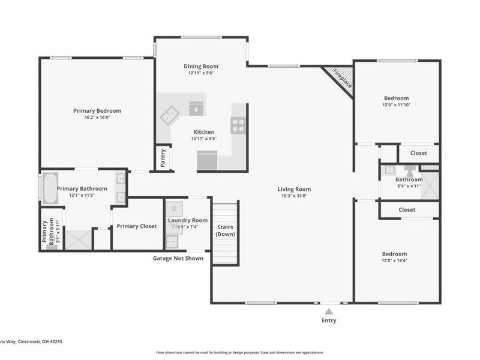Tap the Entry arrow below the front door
[328, 311]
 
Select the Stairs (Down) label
[226, 230]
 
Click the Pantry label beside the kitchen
[163, 158]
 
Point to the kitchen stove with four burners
[238, 126]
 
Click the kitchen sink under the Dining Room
[196, 108]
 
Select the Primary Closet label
[137, 226]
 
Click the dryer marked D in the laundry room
[175, 209]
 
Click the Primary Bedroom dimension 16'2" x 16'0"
[97, 118]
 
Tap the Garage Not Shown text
[178, 259]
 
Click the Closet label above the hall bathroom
[419, 153]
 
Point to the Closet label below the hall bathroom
[407, 210]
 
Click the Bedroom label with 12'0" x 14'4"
[395, 254]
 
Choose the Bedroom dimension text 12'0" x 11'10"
[397, 105]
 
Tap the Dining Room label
[200, 66]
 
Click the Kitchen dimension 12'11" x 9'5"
[203, 139]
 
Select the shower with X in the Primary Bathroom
[76, 239]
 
